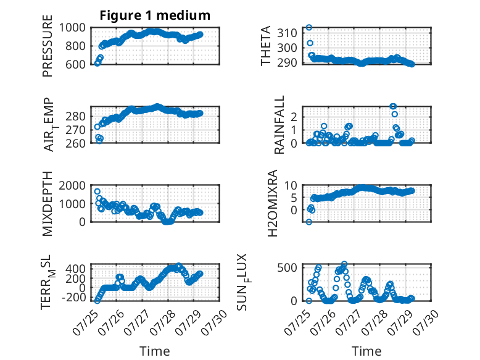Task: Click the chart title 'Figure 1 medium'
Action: pos(155,15)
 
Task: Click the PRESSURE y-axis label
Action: pos(48,46)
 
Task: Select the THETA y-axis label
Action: pos(266,46)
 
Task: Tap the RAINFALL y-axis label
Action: pos(279,125)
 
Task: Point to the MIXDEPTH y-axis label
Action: pos(48,204)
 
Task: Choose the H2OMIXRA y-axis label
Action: pos(273,203)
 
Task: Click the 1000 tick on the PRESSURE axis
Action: pos(72,28)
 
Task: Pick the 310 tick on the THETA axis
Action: pos(287,33)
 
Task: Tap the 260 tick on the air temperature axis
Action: pos(75,143)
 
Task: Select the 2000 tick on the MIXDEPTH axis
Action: pos(72,185)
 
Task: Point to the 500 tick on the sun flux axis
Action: pos(287,267)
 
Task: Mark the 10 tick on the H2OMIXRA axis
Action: pos(291,185)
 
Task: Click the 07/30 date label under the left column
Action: pos(214,322)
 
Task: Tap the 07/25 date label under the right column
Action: pos(297,322)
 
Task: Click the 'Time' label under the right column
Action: pos(366,351)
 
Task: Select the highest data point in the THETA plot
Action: pos(309,27)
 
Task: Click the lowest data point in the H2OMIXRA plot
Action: pos(309,222)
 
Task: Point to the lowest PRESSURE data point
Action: pos(97,63)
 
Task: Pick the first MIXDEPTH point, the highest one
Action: pos(97,191)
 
